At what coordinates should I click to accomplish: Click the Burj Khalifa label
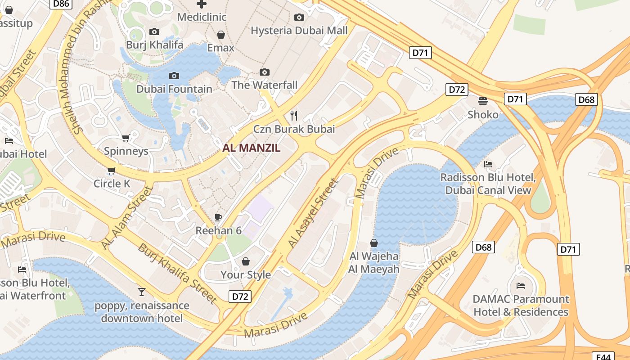point(154,45)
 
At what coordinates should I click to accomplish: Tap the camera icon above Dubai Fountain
point(174,76)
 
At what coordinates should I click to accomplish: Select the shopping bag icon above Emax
point(221,35)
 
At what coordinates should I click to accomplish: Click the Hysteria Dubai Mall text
point(299,31)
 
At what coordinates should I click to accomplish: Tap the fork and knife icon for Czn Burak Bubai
point(294,116)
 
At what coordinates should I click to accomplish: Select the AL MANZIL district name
point(252,148)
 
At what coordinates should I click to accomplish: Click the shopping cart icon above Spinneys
point(126,138)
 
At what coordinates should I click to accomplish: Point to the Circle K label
point(112,184)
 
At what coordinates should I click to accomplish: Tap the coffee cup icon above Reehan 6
point(218,218)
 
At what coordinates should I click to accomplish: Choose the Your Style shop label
point(246,274)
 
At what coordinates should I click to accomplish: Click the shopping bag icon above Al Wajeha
point(374,243)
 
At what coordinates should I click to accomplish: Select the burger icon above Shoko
point(483,101)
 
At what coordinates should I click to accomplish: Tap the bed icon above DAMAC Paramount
point(521,286)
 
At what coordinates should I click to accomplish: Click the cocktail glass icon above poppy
point(142,292)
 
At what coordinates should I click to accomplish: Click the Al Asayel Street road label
point(313,213)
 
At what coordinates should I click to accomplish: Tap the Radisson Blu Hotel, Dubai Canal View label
point(488,184)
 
